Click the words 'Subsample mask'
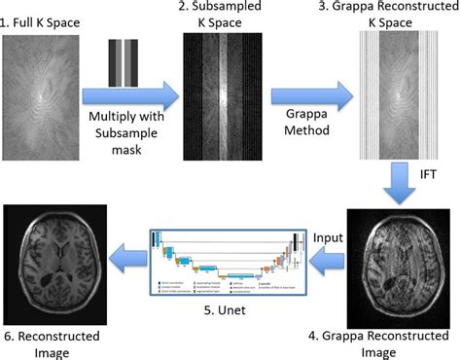point(134,134)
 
